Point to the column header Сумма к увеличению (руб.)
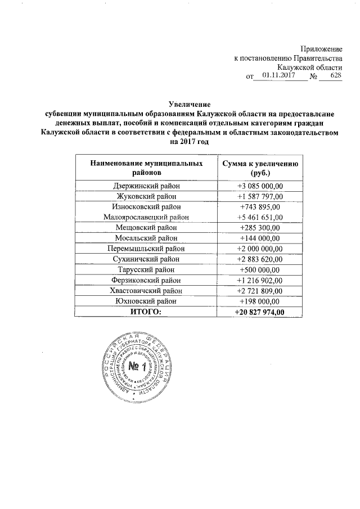(x=261, y=168)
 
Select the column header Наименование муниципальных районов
(x=146, y=168)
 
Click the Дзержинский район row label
(x=146, y=186)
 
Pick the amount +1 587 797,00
(x=261, y=196)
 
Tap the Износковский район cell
(x=146, y=206)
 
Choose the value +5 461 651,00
(x=261, y=217)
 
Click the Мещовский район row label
(x=146, y=228)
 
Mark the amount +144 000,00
(x=261, y=238)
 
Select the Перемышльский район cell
(x=146, y=248)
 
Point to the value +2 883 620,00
(x=261, y=259)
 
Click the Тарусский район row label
(x=146, y=269)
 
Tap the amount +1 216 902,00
(x=261, y=280)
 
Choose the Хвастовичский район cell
(x=146, y=291)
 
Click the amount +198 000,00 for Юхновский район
(x=261, y=301)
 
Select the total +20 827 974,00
(x=261, y=312)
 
